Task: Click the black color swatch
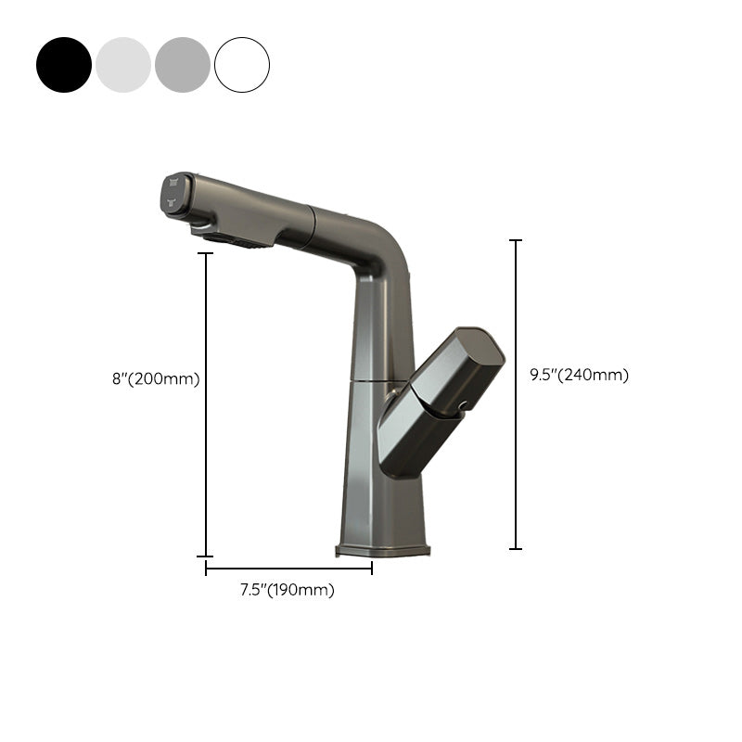click(64, 65)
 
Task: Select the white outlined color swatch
click(242, 65)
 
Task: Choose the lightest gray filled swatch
click(123, 65)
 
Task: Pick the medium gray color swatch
click(183, 65)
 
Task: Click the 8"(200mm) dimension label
click(154, 378)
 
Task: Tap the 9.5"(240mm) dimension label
click(579, 375)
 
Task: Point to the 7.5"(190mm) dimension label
click(287, 590)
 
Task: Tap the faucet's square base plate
click(382, 551)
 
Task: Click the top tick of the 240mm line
click(516, 240)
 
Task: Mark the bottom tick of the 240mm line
click(516, 548)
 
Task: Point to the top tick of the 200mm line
click(206, 253)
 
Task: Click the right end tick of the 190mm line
click(372, 569)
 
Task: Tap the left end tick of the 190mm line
click(206, 569)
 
